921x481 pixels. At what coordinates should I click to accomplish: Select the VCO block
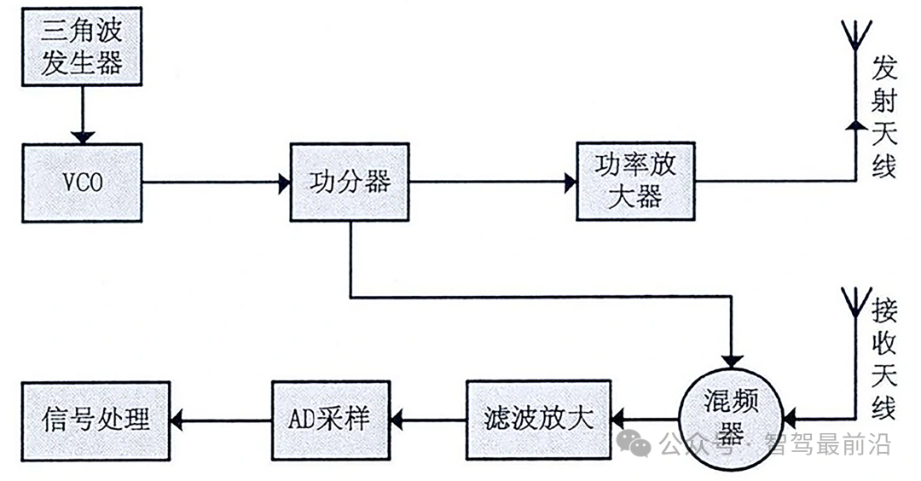82,183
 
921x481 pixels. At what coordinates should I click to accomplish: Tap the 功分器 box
350,182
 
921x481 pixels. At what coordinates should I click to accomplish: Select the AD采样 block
329,419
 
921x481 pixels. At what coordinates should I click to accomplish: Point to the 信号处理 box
96,419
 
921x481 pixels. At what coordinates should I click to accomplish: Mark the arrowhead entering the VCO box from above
82,136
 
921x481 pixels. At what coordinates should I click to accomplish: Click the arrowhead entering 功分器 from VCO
282,182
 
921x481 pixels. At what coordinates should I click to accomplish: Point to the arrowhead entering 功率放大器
569,182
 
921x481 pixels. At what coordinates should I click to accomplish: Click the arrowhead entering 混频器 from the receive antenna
789,419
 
